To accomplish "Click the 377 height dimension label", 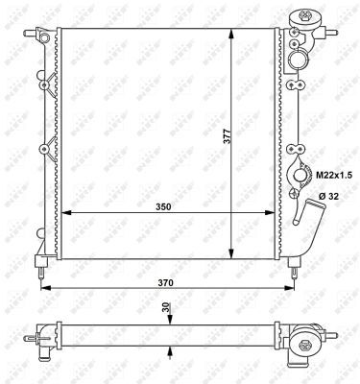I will pos(227,136).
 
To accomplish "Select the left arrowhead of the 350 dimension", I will pos(64,213).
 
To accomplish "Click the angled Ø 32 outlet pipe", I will pos(308,218).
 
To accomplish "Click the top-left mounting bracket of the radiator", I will pos(44,36).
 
